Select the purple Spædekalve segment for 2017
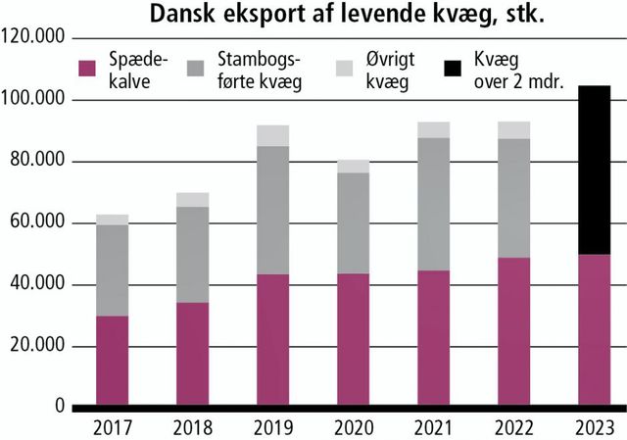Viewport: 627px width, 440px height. pos(113,360)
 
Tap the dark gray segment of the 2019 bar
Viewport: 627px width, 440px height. pos(273,210)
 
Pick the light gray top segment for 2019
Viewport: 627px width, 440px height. pos(273,135)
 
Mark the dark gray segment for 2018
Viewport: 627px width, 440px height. pos(193,255)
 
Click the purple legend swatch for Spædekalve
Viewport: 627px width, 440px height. pos(87,68)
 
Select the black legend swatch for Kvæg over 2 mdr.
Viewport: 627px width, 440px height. pos(453,68)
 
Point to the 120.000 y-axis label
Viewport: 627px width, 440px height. pos(34,38)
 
